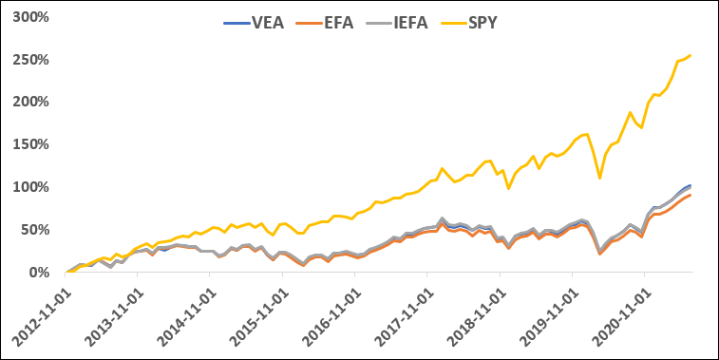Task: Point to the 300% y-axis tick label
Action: pos(33,17)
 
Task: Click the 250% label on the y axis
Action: pos(33,60)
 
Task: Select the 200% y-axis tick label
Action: pos(33,103)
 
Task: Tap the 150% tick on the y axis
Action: pos(33,144)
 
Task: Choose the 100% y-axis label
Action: pos(33,187)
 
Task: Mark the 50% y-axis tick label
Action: pos(37,230)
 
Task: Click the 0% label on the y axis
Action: pos(41,273)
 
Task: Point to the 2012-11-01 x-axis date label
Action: pos(38,313)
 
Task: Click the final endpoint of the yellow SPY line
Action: pos(691,55)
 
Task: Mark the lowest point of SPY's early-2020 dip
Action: pos(599,178)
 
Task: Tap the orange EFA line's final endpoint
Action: pos(691,195)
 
